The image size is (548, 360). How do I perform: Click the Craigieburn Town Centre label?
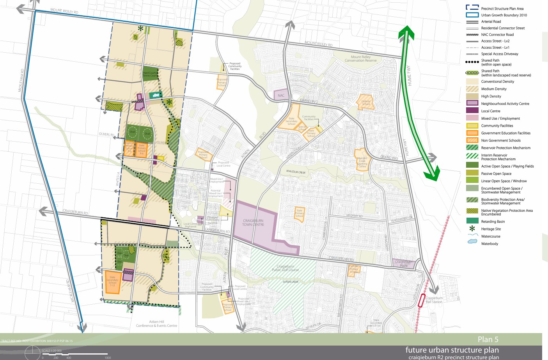point(253,223)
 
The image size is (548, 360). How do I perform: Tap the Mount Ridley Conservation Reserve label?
point(360,59)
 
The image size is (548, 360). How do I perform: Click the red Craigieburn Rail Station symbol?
point(421,300)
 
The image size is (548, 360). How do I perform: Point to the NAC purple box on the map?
point(281,95)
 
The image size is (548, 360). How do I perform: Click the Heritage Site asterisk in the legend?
point(472,229)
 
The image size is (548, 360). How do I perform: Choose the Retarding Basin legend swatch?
point(472,221)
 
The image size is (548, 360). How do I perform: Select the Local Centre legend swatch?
point(472,111)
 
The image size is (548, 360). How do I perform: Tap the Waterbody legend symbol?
point(472,242)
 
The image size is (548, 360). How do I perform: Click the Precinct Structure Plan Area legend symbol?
point(472,8)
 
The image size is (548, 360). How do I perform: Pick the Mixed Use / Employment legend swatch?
point(472,118)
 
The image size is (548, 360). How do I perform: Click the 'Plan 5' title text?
point(488,339)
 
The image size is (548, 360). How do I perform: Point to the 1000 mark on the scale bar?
point(108,357)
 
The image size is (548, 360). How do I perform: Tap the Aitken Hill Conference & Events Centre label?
point(156,324)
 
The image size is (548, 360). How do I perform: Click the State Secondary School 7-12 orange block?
point(112,282)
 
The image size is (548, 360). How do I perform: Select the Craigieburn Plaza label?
point(403,263)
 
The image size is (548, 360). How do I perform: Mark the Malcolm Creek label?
point(296,172)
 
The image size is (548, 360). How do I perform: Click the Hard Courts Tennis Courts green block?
point(150,74)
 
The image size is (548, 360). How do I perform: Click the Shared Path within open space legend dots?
point(472,62)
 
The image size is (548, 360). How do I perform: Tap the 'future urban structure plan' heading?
point(452,350)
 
